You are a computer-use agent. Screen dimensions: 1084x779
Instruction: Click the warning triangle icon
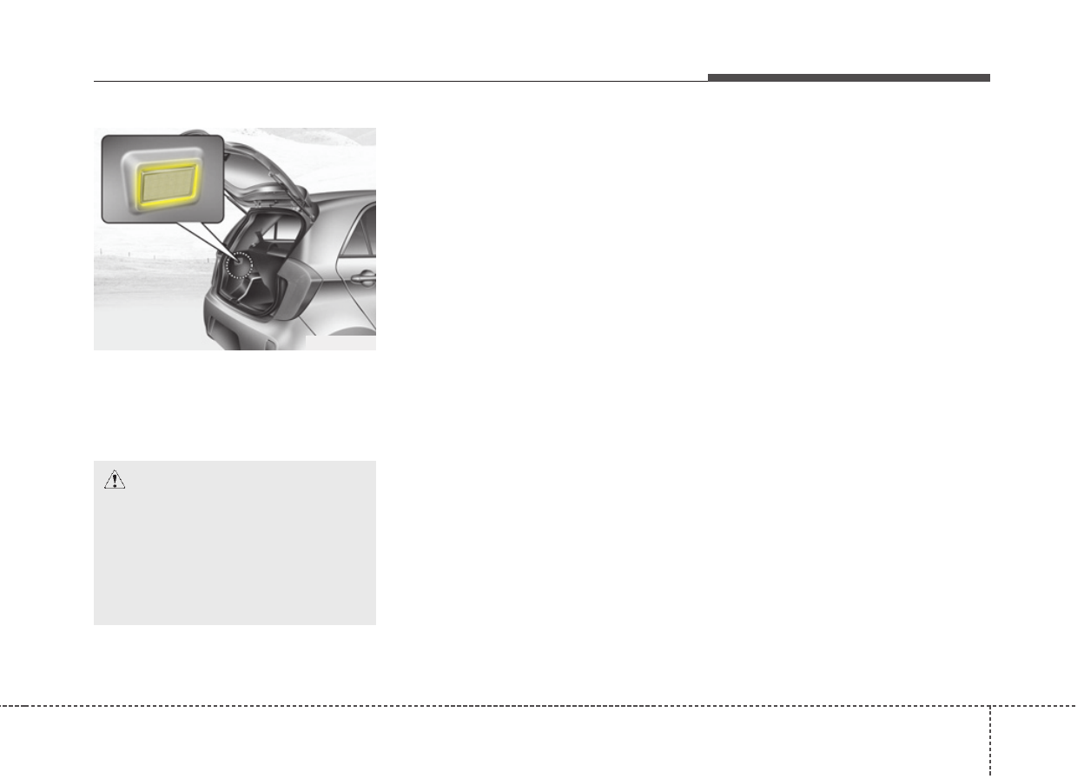coord(115,480)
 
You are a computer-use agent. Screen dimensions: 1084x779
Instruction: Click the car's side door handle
coord(365,277)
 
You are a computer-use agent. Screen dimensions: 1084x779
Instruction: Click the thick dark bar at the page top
coord(848,78)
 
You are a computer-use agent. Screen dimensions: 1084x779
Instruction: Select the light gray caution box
coord(235,556)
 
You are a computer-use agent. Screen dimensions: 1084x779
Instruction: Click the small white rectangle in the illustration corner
coord(340,343)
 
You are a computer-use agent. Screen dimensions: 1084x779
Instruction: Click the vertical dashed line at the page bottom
coord(989,739)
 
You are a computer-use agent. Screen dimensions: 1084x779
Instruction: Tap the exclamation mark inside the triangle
coord(115,482)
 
